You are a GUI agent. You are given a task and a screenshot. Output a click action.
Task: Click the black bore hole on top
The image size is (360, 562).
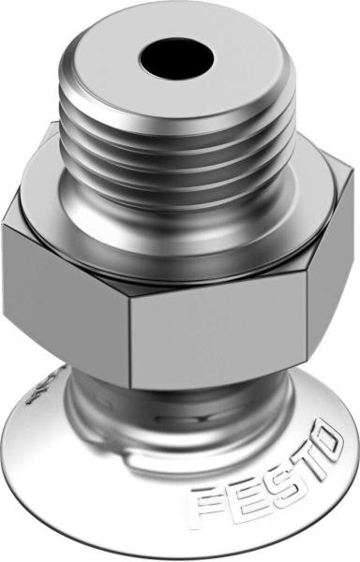point(173,59)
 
